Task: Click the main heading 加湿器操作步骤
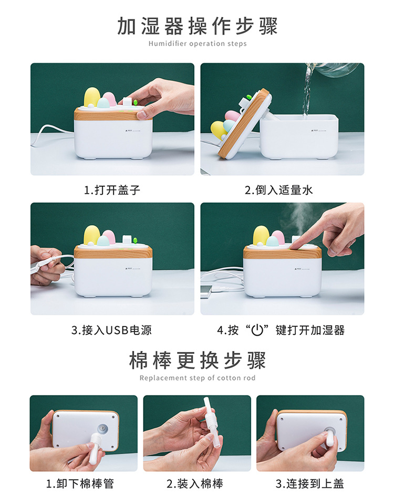(x=197, y=26)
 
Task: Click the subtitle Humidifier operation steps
(x=197, y=44)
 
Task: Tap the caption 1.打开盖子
(x=112, y=191)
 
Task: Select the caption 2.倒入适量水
(x=278, y=191)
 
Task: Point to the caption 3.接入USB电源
(x=111, y=330)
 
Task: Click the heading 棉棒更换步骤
(x=197, y=361)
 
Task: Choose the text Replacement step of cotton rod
(x=197, y=378)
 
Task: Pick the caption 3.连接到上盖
(x=310, y=483)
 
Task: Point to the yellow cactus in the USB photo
(x=92, y=235)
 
